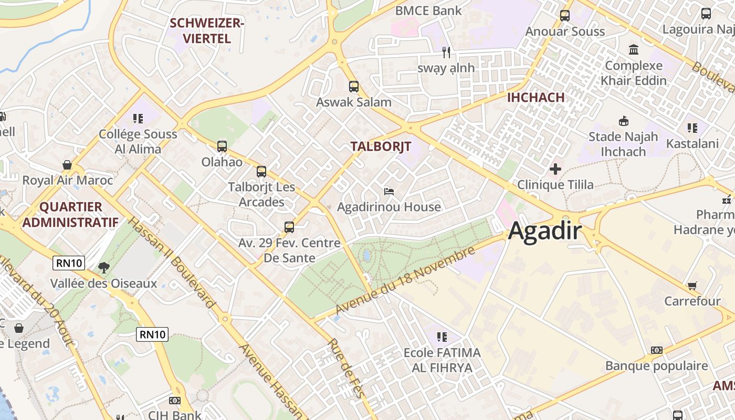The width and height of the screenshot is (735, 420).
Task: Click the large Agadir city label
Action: [545, 231]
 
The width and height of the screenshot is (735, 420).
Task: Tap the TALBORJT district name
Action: [381, 146]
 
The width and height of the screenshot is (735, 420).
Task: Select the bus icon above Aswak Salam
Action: [354, 87]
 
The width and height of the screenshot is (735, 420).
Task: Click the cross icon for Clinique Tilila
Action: [555, 169]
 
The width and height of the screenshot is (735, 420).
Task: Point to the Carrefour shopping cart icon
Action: [692, 286]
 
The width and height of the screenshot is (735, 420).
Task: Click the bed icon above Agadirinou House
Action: [389, 191]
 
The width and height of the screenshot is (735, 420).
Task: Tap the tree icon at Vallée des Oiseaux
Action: [104, 268]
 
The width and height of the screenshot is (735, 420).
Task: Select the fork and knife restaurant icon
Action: [446, 52]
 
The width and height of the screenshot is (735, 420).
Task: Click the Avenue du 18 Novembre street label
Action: [405, 282]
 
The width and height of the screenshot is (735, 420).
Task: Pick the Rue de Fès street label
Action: [346, 368]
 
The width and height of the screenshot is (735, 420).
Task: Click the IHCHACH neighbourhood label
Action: [535, 97]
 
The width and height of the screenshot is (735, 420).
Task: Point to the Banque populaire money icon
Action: [656, 350]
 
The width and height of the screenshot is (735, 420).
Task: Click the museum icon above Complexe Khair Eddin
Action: [634, 50]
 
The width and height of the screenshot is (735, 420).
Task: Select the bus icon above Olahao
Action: [222, 146]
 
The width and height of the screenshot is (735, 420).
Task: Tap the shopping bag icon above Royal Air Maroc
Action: [67, 165]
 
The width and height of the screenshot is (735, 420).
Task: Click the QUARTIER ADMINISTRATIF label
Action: [70, 214]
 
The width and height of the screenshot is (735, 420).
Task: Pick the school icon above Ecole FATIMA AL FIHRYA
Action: [442, 337]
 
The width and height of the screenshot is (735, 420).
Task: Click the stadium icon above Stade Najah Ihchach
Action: [623, 121]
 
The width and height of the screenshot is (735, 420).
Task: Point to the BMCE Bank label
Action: [428, 10]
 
